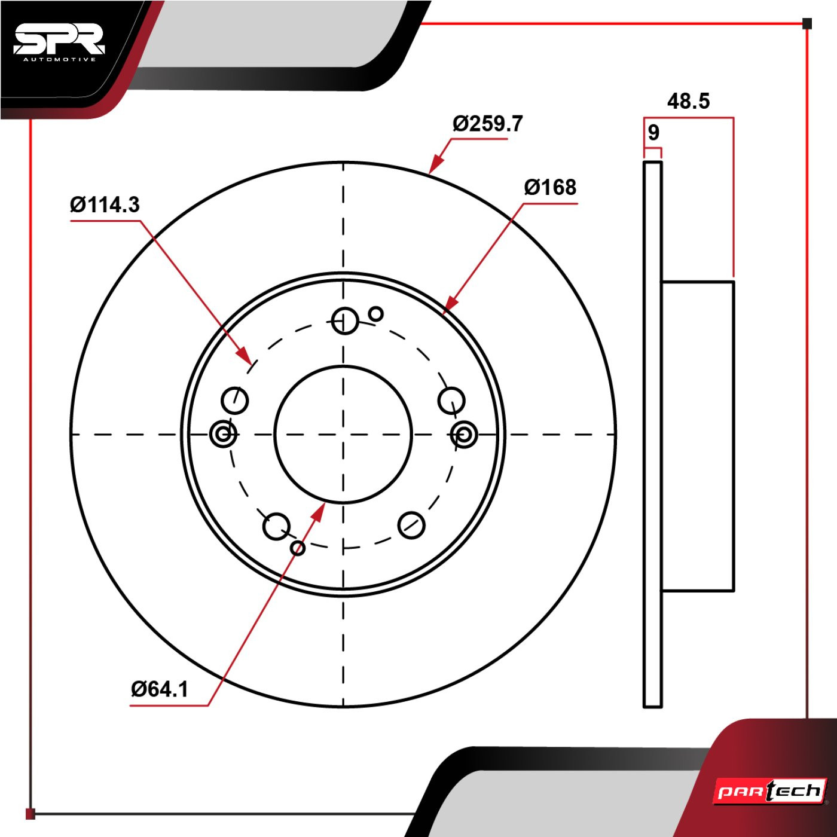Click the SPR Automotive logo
(59, 42)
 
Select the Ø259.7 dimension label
(487, 124)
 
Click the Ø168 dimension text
(550, 187)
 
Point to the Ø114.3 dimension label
(105, 204)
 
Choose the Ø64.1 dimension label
(160, 689)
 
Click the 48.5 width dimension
(688, 101)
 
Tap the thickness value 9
(653, 133)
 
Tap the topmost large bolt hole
(344, 321)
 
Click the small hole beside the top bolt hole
(376, 313)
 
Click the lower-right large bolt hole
(411, 526)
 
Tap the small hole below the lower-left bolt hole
(297, 548)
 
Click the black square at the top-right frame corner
(807, 24)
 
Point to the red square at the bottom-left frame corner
(30, 814)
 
